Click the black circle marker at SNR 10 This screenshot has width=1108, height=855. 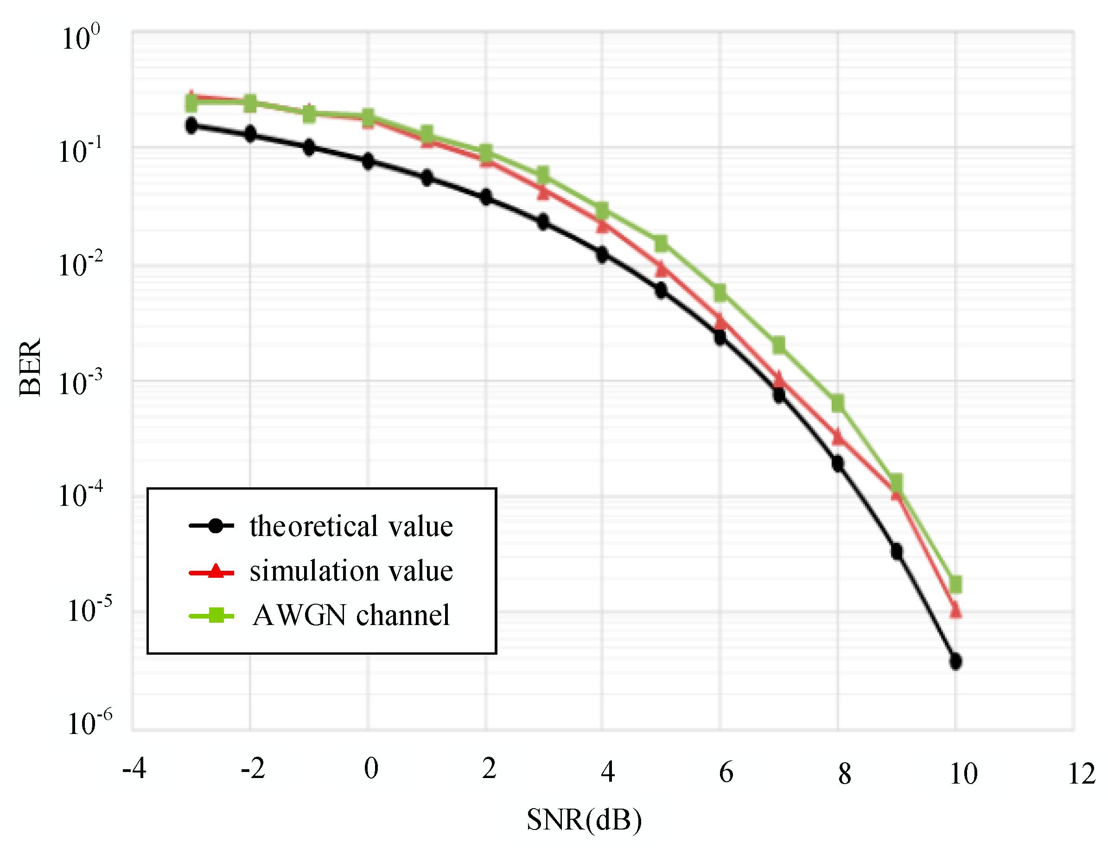tap(955, 662)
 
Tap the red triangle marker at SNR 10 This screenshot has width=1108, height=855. tap(955, 610)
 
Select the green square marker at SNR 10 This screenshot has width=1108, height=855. tap(955, 585)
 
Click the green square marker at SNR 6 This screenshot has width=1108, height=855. tap(720, 293)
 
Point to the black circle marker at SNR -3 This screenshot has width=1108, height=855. tap(191, 125)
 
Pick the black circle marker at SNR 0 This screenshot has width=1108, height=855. tap(368, 162)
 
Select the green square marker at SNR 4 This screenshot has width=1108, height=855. tap(602, 211)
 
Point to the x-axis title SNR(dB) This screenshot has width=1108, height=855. tap(585, 819)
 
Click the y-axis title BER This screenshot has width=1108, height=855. tap(31, 367)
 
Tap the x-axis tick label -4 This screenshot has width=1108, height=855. tap(134, 769)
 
